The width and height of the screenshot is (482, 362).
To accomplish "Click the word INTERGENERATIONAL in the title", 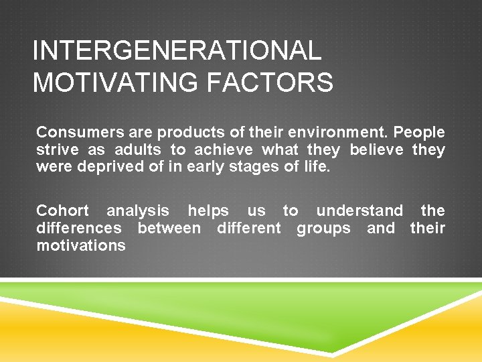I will click(x=177, y=51).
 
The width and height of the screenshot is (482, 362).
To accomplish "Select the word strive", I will click(x=57, y=149).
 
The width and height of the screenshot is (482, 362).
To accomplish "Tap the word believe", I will click(x=376, y=149).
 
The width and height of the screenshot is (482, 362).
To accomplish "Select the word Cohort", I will click(x=62, y=210).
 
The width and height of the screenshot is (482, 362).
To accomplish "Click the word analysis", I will click(x=138, y=210).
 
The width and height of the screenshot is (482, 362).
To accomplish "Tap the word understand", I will click(x=359, y=210).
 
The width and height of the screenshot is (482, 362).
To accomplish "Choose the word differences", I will click(x=79, y=228).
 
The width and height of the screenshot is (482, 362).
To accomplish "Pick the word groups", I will click(x=324, y=228).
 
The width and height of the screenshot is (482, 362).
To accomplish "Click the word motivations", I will click(x=81, y=245).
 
